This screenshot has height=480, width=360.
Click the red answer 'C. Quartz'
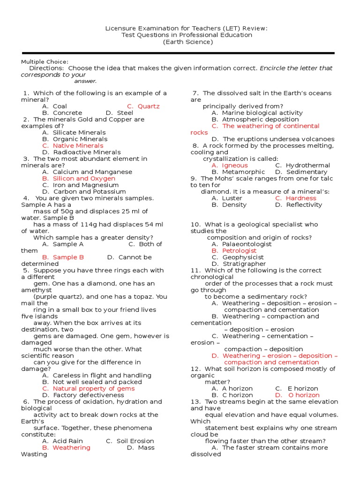click(x=143, y=106)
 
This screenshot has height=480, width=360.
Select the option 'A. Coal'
click(x=54, y=106)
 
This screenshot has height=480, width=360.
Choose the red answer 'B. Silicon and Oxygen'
click(x=78, y=179)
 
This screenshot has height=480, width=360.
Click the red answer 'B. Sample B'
click(x=63, y=257)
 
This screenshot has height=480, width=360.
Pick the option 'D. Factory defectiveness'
click(x=76, y=395)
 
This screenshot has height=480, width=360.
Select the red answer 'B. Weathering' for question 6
click(x=66, y=448)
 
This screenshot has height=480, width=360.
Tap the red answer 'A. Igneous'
click(x=229, y=165)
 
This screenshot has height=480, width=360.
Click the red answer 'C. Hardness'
click(x=295, y=198)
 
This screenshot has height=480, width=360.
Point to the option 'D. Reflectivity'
click(x=299, y=205)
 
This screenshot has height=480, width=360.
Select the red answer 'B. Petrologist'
click(x=234, y=251)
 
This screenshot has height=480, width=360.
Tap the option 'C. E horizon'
click(x=296, y=389)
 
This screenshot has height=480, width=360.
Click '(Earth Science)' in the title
click(x=187, y=42)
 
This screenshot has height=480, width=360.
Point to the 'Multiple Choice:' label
click(x=45, y=62)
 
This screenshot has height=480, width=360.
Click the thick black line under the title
click(x=178, y=53)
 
